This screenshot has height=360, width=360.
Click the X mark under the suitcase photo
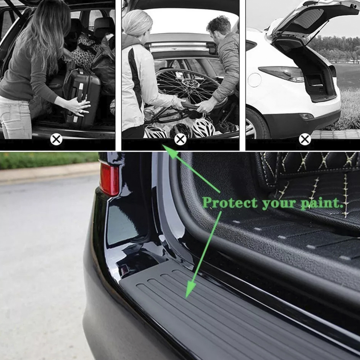(x=56, y=139)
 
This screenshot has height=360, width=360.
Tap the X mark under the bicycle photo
(x=180, y=139)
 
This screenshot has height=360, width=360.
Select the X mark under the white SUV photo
(x=305, y=139)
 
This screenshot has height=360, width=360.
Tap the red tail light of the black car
(x=109, y=179)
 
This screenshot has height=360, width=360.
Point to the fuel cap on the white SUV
(x=255, y=80)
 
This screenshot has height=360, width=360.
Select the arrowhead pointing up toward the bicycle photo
(x=170, y=151)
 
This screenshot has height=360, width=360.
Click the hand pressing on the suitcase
(x=79, y=106)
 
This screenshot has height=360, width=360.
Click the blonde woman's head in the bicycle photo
(x=137, y=22)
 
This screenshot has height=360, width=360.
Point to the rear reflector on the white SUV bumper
(x=306, y=116)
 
